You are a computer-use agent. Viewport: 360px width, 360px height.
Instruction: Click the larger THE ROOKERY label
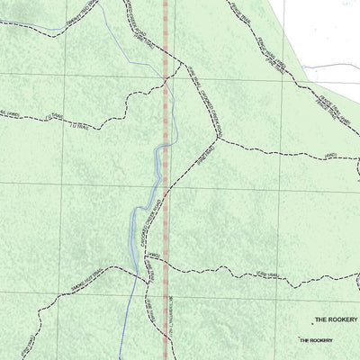[336, 319]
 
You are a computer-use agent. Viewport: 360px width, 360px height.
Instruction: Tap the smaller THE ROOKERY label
[316, 340]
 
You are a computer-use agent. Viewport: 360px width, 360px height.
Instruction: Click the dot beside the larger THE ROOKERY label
[312, 319]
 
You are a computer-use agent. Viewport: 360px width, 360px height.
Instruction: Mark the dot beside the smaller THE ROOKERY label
[299, 339]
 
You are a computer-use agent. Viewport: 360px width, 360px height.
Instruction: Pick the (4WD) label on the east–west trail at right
[330, 154]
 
